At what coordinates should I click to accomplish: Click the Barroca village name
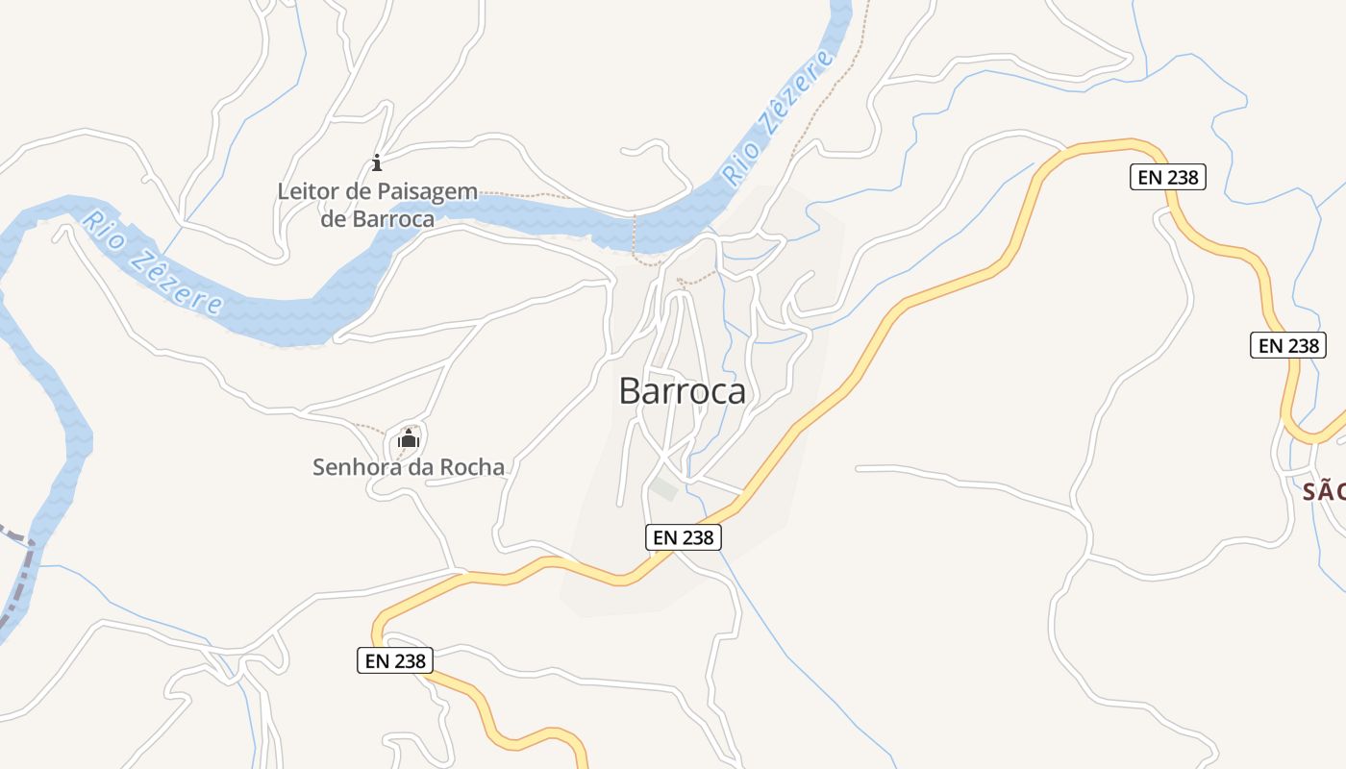pyautogui.click(x=682, y=391)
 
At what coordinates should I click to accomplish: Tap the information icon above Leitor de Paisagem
pyautogui.click(x=377, y=162)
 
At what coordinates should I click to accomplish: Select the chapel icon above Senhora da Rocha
pyautogui.click(x=409, y=439)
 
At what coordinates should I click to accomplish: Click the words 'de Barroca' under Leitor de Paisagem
pyautogui.click(x=377, y=219)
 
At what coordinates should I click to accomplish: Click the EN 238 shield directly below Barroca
pyautogui.click(x=683, y=537)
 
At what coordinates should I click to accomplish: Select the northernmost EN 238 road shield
pyautogui.click(x=1167, y=177)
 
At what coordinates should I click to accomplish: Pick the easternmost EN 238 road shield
pyautogui.click(x=1288, y=345)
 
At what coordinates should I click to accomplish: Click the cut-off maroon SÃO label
pyautogui.click(x=1323, y=492)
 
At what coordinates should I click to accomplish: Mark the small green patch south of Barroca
pyautogui.click(x=663, y=488)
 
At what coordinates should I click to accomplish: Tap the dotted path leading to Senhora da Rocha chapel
pyautogui.click(x=371, y=428)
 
